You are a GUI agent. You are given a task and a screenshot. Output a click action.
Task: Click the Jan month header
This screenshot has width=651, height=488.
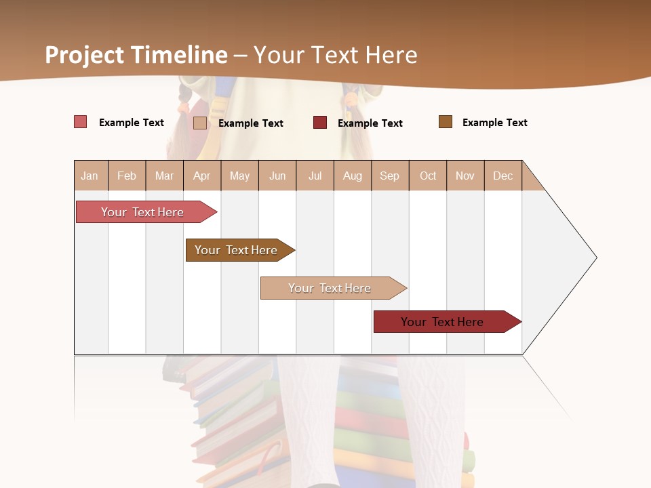click(x=90, y=176)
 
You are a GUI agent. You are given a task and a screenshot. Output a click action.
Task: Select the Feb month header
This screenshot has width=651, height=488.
click(x=127, y=176)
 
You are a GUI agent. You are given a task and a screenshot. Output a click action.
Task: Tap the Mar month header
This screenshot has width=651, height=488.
click(x=164, y=176)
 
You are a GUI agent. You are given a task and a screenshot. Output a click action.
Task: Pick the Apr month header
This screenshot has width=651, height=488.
click(x=202, y=176)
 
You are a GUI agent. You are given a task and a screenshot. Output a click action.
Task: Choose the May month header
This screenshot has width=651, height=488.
click(x=239, y=176)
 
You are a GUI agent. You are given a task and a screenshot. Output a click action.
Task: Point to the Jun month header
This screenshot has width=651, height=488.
click(x=277, y=176)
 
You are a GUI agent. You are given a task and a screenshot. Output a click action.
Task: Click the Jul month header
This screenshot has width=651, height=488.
click(x=315, y=176)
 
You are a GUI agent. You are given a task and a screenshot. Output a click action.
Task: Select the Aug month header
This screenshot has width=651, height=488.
click(x=353, y=176)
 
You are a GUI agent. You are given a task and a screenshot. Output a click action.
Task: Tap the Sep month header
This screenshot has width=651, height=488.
click(x=390, y=176)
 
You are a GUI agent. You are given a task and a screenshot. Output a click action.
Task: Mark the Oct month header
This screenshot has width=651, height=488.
click(x=428, y=176)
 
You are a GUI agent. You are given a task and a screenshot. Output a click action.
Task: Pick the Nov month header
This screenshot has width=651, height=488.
click(x=465, y=176)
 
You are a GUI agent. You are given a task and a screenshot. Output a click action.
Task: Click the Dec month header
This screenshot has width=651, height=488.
click(x=503, y=176)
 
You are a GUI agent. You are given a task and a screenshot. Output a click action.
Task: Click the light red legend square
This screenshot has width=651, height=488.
click(x=81, y=122)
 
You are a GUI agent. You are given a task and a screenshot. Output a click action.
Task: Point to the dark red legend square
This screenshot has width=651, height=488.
click(x=320, y=122)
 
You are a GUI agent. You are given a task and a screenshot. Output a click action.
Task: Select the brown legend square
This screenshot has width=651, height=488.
click(x=446, y=122)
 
